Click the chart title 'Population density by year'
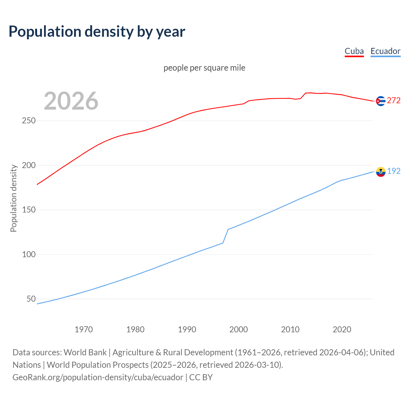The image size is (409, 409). coord(97,32)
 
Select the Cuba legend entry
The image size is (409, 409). coord(354,51)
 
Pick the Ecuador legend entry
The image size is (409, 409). coord(385,51)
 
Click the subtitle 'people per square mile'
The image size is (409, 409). coord(204,68)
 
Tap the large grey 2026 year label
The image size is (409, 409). coord(71,101)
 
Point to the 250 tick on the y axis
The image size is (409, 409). coord(29,121)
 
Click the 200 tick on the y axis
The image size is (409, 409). coord(29,165)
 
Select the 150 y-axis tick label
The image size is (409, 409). coord(29,210)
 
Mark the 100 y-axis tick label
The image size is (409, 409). coord(29,254)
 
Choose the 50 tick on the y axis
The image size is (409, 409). coord(31,299)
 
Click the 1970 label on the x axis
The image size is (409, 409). coord(84,329)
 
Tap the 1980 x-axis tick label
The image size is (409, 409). coord(135,329)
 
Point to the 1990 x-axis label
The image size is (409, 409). coord(187,329)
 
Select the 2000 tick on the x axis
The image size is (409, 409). coord(239,329)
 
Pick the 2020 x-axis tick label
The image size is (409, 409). coord(342,329)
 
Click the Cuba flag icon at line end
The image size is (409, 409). coord(381,101)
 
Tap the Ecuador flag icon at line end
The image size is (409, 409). coord(381,172)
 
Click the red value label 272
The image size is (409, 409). coord(394,101)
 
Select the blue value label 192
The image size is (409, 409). coord(394,171)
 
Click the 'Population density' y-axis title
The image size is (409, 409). coord(13,198)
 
